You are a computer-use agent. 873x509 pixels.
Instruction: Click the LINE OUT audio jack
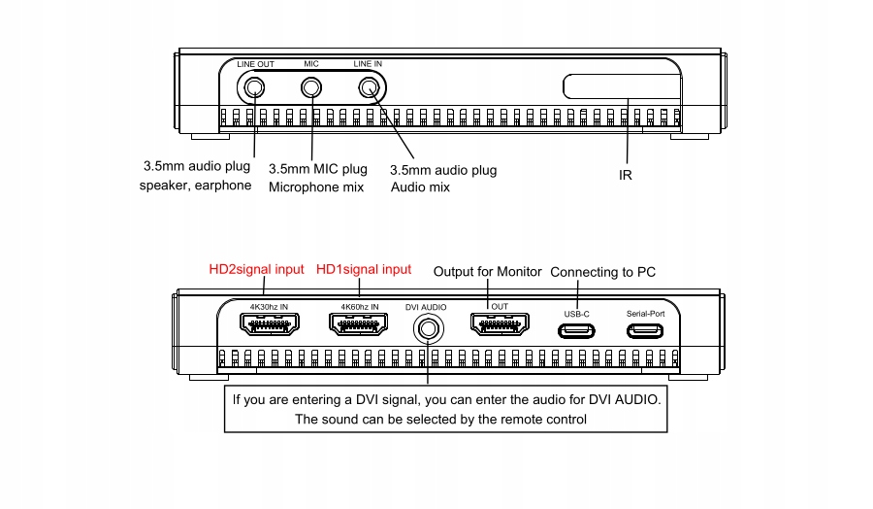coord(254,87)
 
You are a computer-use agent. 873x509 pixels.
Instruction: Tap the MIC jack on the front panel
coord(311,87)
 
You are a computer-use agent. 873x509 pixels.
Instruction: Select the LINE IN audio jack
coord(369,87)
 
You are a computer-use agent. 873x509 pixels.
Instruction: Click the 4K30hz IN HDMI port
coord(269,323)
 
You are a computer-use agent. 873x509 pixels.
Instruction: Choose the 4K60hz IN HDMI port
coord(360,323)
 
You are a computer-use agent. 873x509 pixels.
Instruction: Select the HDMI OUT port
coord(500,323)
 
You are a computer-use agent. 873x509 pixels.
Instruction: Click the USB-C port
coord(577,329)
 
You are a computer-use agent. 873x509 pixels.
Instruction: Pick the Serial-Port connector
coord(646,329)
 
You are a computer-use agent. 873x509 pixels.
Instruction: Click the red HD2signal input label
coord(257,269)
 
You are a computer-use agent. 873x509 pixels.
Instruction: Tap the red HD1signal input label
coord(364,269)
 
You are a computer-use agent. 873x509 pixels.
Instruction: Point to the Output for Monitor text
coord(487,272)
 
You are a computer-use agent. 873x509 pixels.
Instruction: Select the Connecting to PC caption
coord(602,272)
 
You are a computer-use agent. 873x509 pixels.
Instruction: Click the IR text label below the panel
coord(626,176)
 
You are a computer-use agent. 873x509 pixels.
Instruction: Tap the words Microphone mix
coord(316,187)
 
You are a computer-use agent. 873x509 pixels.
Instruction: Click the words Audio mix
coord(420,187)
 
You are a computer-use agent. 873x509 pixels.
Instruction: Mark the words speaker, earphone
coord(195,185)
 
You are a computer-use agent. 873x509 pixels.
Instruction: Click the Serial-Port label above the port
coord(646,314)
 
